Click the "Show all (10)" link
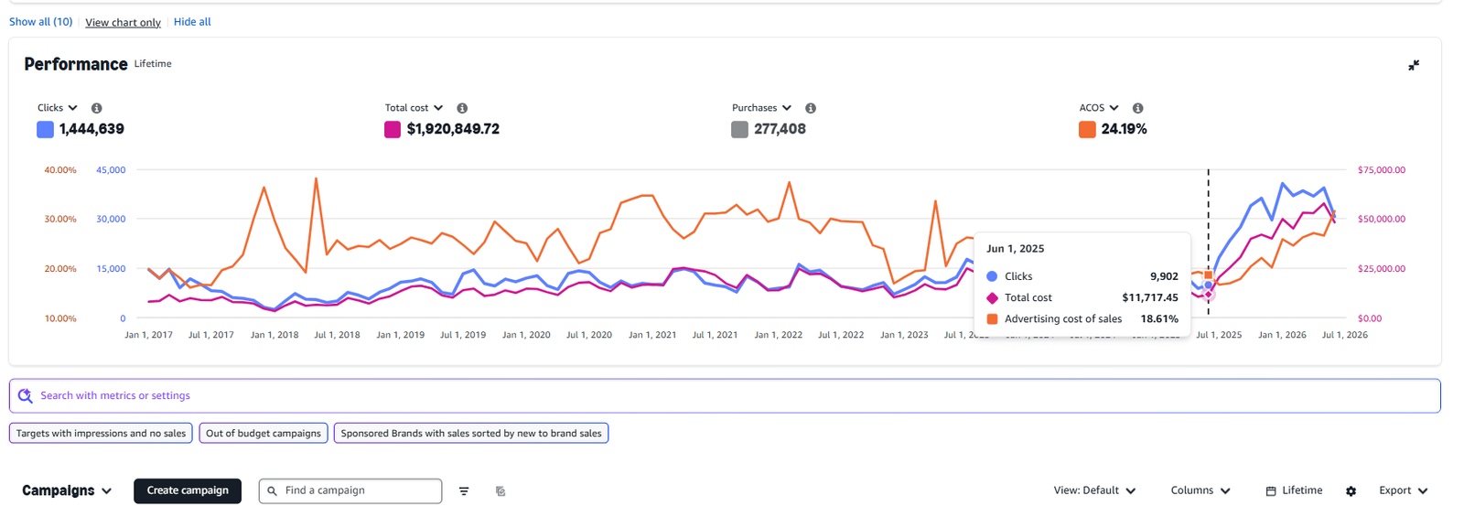click(40, 22)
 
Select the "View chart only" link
click(123, 22)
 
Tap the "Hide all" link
click(192, 22)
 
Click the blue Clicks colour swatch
click(45, 129)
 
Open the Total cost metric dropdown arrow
click(438, 108)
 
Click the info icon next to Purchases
click(811, 108)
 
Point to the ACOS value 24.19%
click(1125, 129)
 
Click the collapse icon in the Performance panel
click(1414, 65)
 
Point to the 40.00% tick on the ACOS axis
click(60, 170)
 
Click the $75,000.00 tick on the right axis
click(1382, 170)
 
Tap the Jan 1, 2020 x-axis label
click(526, 335)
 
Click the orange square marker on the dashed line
click(1209, 275)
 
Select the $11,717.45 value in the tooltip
click(1150, 297)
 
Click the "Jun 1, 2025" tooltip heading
click(1015, 248)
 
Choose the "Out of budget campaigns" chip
click(264, 434)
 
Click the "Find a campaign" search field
click(350, 491)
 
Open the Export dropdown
click(1404, 490)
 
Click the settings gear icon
click(1351, 491)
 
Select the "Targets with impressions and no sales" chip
click(101, 434)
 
